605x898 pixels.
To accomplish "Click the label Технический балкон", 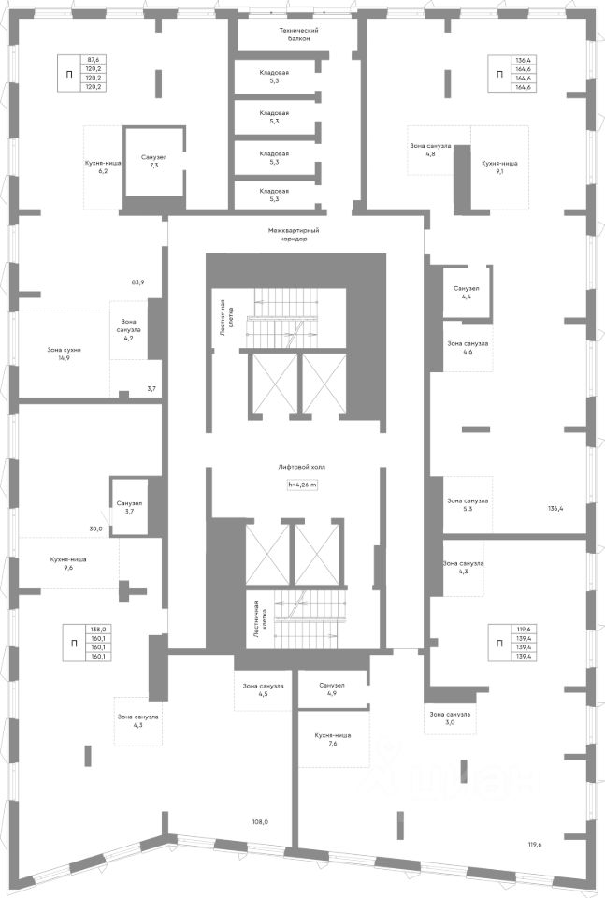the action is point(293,35).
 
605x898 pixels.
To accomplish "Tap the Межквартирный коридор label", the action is point(293,234).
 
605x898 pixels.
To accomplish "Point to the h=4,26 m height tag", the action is point(302,485).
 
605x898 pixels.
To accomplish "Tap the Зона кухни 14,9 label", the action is point(65,353).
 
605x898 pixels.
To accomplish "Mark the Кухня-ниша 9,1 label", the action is point(499,167).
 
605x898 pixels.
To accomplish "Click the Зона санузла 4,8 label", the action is point(430,150).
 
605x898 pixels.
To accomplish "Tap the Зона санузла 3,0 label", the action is point(449,718).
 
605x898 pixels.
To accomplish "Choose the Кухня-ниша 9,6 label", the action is point(68,563).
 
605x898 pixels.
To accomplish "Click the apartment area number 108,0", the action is point(260,822).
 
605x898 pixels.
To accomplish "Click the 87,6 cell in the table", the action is point(94,59).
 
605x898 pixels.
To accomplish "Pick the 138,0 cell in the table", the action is point(98,630).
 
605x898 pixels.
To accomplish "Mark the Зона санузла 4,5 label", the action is point(264,688).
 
